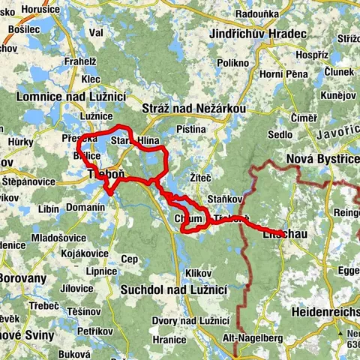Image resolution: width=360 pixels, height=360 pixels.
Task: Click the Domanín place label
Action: click(x=85, y=206)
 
